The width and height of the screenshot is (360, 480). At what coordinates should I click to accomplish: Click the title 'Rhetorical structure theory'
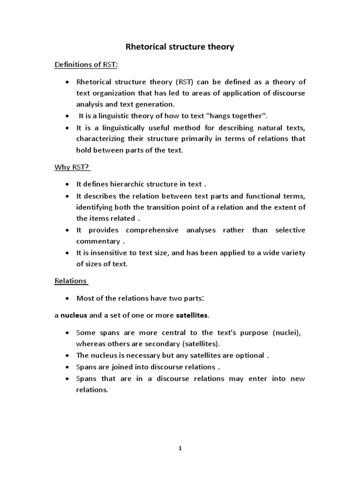point(180,47)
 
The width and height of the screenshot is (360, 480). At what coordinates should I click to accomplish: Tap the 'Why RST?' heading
point(72,167)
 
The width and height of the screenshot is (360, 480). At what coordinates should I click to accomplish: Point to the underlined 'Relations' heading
point(71,281)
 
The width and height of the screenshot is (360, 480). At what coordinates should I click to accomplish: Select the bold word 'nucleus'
point(74,315)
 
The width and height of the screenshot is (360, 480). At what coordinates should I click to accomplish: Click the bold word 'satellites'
point(192,315)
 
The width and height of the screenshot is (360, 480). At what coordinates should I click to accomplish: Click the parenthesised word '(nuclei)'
point(287,332)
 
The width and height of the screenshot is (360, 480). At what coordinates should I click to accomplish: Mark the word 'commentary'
point(98,241)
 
